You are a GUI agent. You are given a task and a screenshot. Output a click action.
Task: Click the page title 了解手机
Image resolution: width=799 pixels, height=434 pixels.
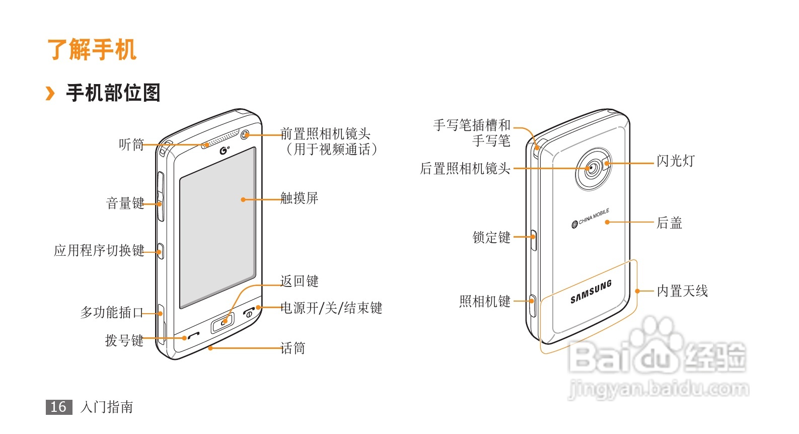tap(92, 50)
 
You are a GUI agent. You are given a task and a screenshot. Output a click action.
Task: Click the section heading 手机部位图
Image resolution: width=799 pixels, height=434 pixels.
tap(113, 93)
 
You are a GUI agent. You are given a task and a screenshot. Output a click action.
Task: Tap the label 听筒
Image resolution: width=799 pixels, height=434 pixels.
tap(131, 145)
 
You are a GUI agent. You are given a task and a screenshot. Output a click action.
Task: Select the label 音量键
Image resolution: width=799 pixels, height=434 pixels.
tap(125, 203)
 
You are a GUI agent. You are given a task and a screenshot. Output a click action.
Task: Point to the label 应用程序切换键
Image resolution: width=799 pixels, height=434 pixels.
tap(99, 250)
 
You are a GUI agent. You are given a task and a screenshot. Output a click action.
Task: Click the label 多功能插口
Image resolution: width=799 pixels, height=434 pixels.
tap(112, 313)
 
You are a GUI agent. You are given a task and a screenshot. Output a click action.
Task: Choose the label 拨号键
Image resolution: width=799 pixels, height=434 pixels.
tap(124, 341)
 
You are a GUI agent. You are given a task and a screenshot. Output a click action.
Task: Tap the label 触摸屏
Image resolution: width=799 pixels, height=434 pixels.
tap(299, 198)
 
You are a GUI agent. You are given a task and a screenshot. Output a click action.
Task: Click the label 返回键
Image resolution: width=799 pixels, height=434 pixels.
tap(299, 281)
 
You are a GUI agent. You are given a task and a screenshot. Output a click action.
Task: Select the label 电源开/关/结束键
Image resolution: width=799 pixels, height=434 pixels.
tap(331, 308)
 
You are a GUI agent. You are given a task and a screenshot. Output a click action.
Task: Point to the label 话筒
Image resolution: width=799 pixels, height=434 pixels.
tap(293, 348)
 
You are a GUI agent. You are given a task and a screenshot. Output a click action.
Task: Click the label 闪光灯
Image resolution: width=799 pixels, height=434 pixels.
tap(675, 161)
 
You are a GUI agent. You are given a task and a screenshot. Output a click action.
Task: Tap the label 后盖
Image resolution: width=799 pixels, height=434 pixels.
tap(669, 223)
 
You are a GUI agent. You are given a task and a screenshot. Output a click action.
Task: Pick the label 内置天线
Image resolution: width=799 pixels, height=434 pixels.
tap(682, 291)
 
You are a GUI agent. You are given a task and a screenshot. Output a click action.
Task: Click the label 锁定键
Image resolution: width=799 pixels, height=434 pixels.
tap(491, 237)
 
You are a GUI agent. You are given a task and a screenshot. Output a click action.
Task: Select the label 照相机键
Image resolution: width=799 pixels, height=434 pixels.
tap(485, 302)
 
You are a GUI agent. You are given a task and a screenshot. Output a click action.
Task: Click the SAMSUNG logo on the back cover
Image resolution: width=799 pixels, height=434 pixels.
tap(591, 292)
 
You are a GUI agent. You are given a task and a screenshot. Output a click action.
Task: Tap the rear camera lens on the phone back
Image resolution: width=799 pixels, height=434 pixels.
tap(593, 169)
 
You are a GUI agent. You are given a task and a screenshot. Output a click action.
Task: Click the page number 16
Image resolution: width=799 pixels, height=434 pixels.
tap(58, 407)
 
